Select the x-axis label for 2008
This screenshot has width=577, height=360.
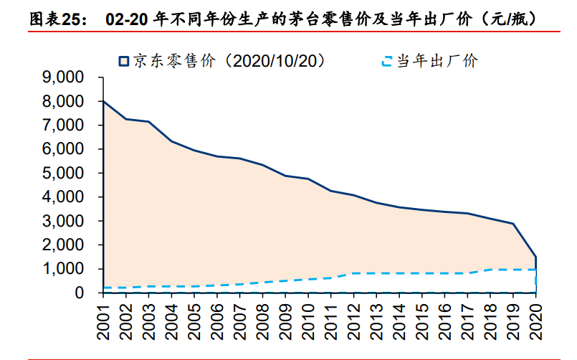point(263,318)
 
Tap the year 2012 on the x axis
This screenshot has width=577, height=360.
point(354,318)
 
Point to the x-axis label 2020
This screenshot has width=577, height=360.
point(535,318)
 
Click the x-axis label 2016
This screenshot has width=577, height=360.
point(445,318)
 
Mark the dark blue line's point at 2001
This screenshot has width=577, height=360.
point(104,101)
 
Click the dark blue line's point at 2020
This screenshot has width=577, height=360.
point(535,257)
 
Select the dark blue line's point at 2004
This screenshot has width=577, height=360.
point(172,141)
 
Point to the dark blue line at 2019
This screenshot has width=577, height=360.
point(512,224)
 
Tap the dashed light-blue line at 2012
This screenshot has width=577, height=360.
point(354,273)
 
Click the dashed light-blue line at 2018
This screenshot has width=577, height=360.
point(490,270)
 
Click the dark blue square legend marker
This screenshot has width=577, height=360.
point(123,62)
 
